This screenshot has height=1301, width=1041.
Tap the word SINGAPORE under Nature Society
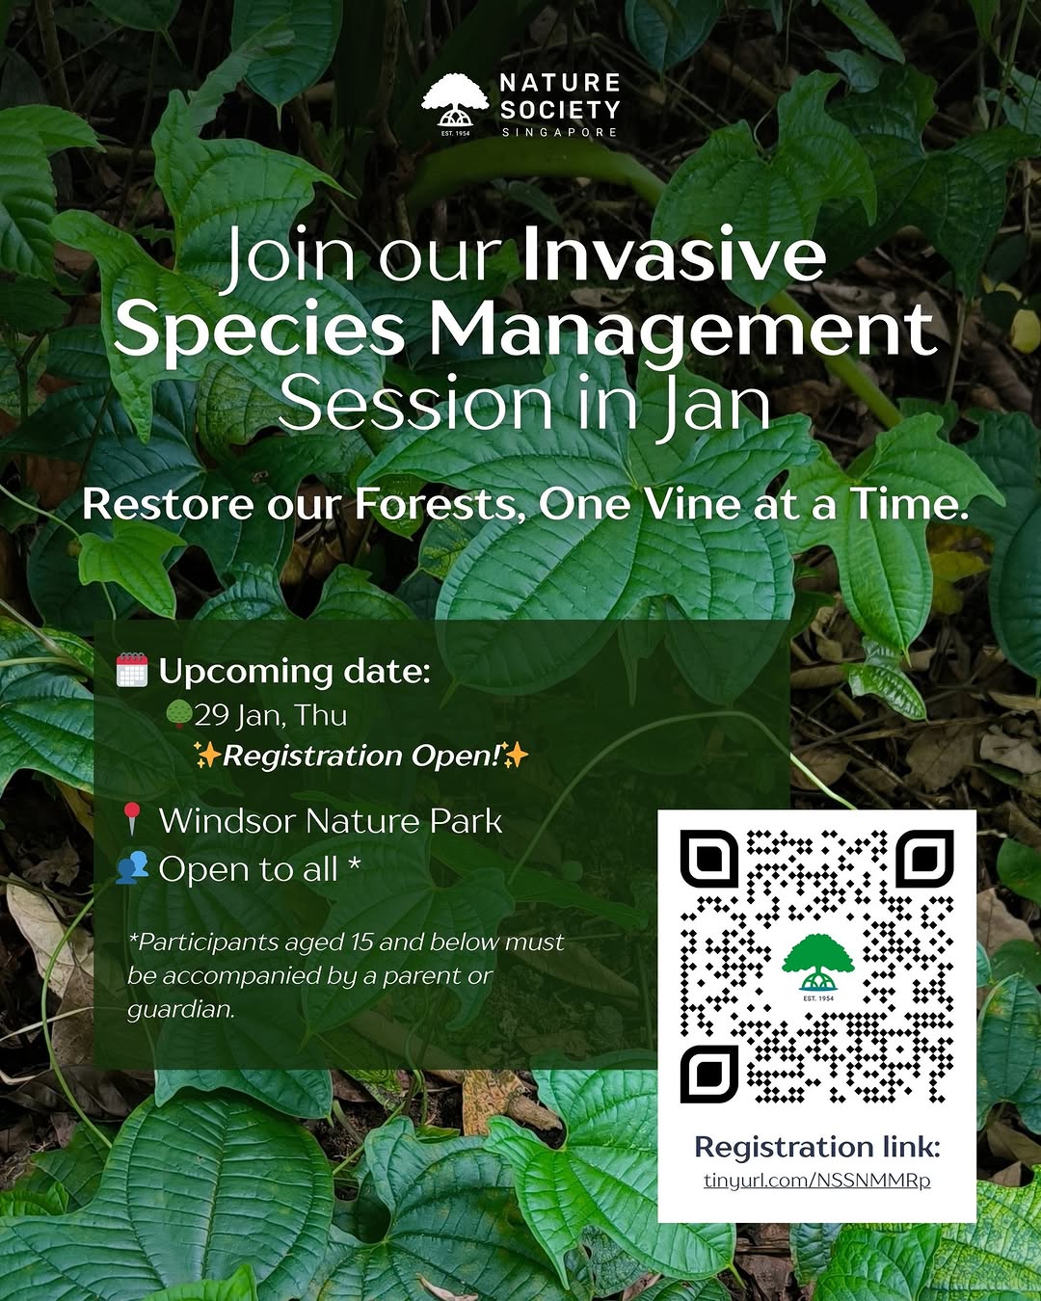559,132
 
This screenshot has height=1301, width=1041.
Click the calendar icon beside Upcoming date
132,670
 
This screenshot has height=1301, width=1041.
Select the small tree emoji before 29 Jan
179,713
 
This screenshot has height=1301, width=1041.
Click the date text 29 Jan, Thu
271,716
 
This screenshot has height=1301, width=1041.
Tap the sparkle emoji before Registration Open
207,756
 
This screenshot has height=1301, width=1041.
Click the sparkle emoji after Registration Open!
516,756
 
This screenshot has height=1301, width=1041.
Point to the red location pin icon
132,819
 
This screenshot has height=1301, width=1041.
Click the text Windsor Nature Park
331,821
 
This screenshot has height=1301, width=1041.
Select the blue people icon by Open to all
132,868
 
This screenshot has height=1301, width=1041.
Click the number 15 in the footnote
360,942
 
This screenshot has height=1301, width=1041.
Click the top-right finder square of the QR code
924,859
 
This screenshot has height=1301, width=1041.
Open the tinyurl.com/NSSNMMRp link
816,1180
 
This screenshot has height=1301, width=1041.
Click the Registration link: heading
817,1146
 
